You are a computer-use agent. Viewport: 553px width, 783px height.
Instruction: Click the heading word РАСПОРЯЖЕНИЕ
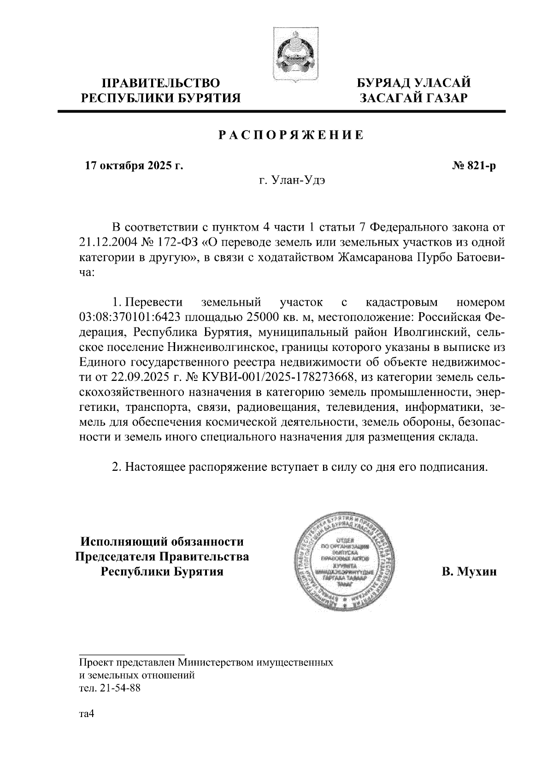pyautogui.click(x=290, y=135)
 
